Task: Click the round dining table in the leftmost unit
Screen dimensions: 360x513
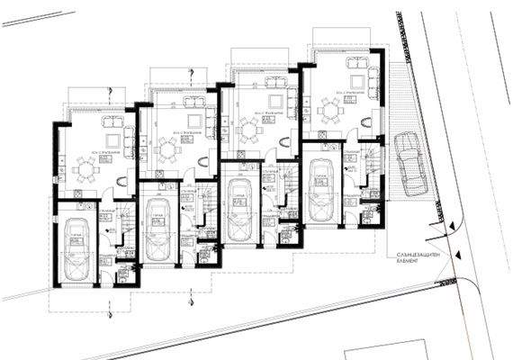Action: pos(87,167)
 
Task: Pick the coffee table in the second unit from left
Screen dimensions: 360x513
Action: pos(193,122)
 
